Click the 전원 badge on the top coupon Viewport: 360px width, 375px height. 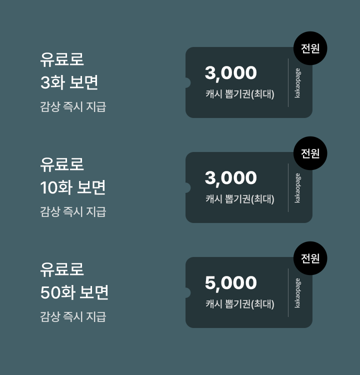coord(310,48)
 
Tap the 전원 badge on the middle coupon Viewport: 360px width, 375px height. coord(310,153)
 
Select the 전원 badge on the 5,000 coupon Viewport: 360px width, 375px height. coord(310,258)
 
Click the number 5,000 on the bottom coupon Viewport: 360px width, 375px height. coord(230,283)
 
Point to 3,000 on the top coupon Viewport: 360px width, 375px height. coord(230,73)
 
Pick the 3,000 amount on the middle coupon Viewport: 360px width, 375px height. coord(230,178)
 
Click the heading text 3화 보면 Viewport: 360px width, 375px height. coord(69,82)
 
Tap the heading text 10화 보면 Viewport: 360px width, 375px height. coord(72,187)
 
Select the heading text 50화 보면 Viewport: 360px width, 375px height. coord(74,292)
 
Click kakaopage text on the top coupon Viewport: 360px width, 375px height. coord(297,82)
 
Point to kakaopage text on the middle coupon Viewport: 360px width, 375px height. coord(297,187)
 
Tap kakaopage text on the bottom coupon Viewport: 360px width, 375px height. coord(297,292)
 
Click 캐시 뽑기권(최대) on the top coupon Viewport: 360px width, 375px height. coord(239,94)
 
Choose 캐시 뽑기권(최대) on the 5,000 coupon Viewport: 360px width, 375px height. coord(239,304)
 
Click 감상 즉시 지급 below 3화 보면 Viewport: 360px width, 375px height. coord(73,106)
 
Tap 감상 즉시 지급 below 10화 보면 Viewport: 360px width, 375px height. coord(73,211)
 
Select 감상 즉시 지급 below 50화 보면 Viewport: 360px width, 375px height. coord(73,316)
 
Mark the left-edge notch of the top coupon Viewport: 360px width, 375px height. coord(187,82)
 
